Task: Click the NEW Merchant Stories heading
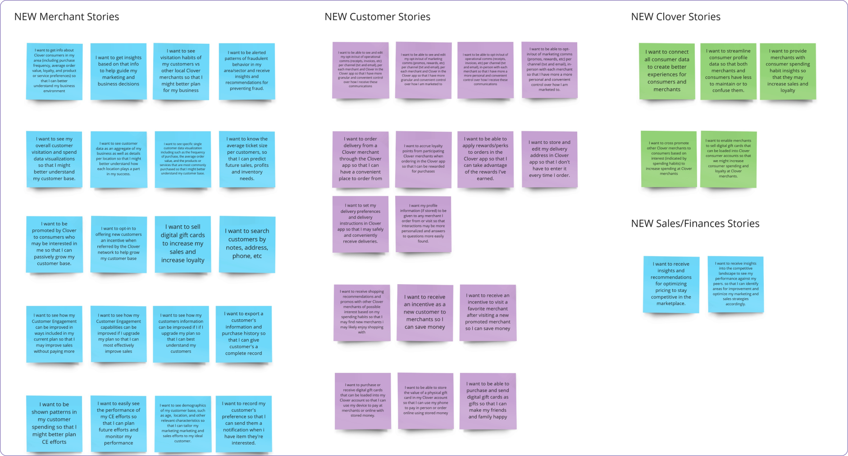[x=67, y=17]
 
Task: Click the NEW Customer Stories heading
[x=377, y=17]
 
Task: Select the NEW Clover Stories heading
[x=675, y=17]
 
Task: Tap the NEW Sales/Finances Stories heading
[x=695, y=224]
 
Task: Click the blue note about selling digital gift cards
[x=182, y=244]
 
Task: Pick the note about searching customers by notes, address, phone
[x=247, y=244]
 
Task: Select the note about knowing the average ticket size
[x=247, y=159]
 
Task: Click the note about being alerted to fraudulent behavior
[x=247, y=71]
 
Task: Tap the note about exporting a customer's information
[x=244, y=334]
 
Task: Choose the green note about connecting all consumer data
[x=667, y=71]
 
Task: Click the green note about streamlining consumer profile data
[x=728, y=71]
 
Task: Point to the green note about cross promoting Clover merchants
[x=669, y=159]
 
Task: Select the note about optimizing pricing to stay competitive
[x=671, y=284]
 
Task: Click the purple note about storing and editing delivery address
[x=549, y=159]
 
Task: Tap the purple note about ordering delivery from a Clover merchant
[x=360, y=159]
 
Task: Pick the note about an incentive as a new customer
[x=424, y=312]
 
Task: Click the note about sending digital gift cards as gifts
[x=488, y=401]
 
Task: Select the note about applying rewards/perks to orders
[x=485, y=159]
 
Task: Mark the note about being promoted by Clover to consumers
[x=54, y=244]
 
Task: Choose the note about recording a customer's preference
[x=244, y=423]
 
